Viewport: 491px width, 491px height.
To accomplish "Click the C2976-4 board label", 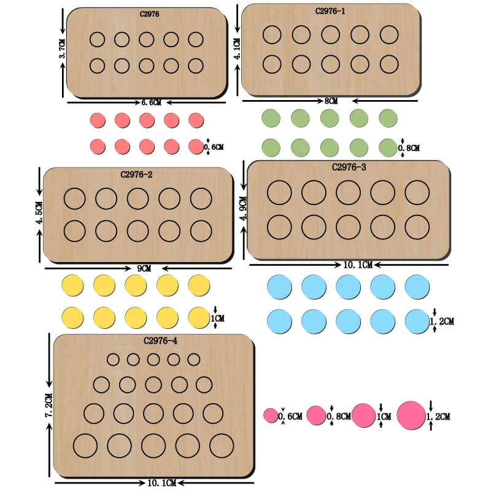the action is pos(161,341).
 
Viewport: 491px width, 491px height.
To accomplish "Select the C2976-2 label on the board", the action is pos(136,174).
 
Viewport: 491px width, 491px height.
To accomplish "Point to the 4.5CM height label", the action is pos(40,213).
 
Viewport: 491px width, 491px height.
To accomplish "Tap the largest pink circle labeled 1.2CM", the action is pos(411,416).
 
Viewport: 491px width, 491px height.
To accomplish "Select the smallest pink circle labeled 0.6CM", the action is pos(271,416).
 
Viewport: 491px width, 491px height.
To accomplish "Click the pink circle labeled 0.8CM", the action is pos(316,416).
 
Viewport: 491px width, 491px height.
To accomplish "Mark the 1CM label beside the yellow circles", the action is pos(218,319).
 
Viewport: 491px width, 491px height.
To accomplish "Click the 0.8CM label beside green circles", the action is pos(409,148).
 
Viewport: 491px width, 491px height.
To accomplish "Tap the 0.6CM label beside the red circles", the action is pos(214,147).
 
